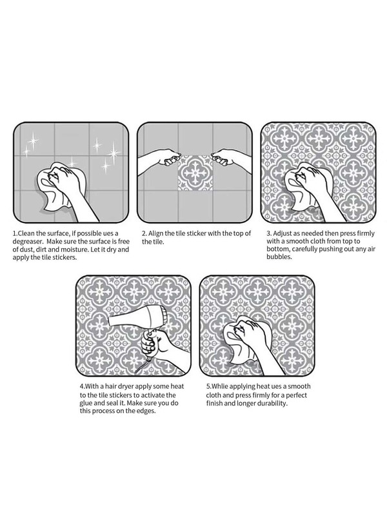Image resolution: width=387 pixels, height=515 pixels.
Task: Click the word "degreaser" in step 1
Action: coord(26,242)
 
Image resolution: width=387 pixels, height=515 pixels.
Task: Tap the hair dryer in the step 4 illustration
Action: coord(138,320)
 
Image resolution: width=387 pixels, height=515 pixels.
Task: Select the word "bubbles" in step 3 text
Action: coord(279,257)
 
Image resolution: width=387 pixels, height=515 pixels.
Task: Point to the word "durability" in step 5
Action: coord(271,403)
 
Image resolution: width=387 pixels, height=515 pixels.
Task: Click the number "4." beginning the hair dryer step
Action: coord(82,387)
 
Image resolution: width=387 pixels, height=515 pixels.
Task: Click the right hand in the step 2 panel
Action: coord(230,158)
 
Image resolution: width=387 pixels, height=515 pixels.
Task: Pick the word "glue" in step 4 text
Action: coord(87,403)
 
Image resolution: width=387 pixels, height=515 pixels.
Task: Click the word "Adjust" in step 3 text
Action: coord(283,234)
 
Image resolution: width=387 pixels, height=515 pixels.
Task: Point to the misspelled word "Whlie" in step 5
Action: coord(219,387)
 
